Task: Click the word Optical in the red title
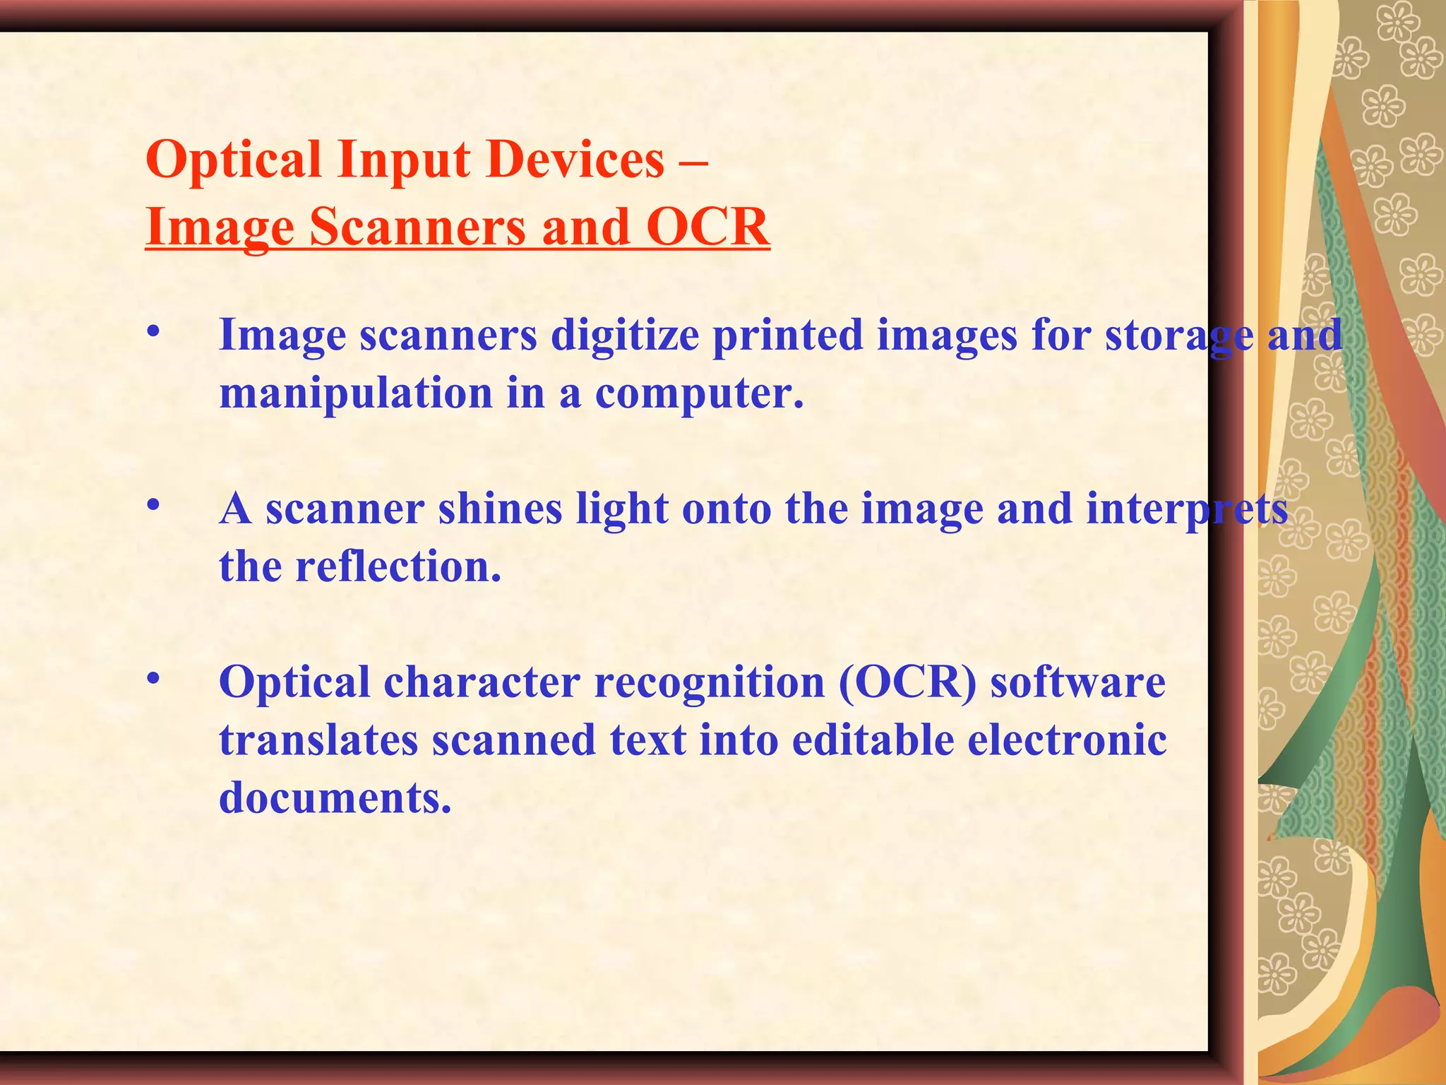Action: (234, 160)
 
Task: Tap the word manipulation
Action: (356, 393)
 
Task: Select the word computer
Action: (699, 393)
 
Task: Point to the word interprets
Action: (1187, 509)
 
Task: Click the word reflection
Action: (398, 567)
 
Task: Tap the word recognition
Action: (710, 682)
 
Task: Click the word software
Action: (1077, 682)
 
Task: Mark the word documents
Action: (335, 798)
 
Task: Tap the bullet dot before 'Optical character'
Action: (153, 679)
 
